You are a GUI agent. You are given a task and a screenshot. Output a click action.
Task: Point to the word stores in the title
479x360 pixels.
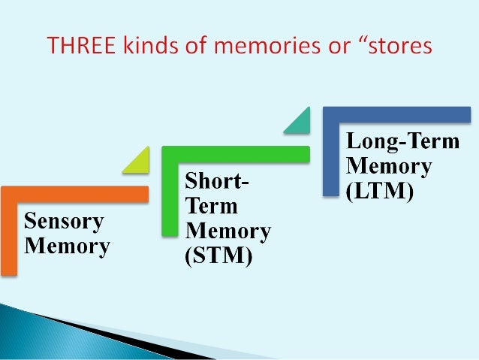pyautogui.click(x=399, y=47)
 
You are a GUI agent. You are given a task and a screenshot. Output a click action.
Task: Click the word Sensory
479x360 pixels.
pyautogui.click(x=64, y=222)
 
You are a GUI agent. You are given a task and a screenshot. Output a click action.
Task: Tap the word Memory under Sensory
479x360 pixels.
pyautogui.click(x=67, y=245)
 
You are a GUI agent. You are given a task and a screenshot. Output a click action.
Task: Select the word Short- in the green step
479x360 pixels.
pyautogui.click(x=218, y=183)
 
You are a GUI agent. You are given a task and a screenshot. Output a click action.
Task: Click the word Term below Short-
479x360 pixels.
pyautogui.click(x=212, y=205)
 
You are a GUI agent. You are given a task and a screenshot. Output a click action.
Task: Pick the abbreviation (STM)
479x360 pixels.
pyautogui.click(x=218, y=256)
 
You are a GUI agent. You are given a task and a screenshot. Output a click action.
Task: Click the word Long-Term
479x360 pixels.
pyautogui.click(x=402, y=141)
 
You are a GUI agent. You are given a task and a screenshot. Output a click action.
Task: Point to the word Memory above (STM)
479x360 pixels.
pyautogui.click(x=228, y=231)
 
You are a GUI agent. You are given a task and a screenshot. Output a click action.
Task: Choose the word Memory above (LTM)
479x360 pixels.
pyautogui.click(x=388, y=166)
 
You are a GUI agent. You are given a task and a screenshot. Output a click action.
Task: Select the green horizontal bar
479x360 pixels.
pyautogui.click(x=240, y=153)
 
